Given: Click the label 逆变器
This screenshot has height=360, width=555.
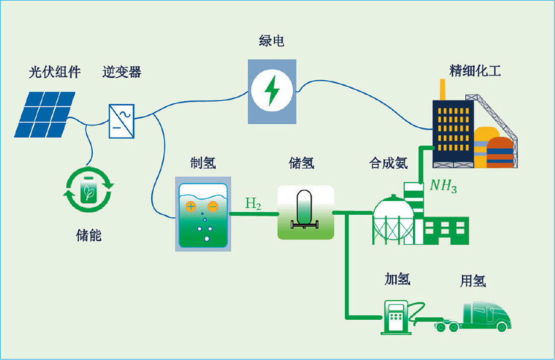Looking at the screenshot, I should coord(122,73).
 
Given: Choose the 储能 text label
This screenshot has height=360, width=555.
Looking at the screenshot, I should coord(89,235).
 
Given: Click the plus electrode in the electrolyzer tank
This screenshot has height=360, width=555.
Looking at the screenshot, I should coord(190,206).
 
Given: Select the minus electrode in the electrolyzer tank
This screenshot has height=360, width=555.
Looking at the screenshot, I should coord(212,206).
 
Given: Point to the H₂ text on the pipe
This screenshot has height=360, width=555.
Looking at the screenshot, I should coord(253,204).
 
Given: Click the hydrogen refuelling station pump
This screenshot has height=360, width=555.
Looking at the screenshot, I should coord(395,315).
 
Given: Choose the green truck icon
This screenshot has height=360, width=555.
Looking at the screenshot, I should coord(482,316).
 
